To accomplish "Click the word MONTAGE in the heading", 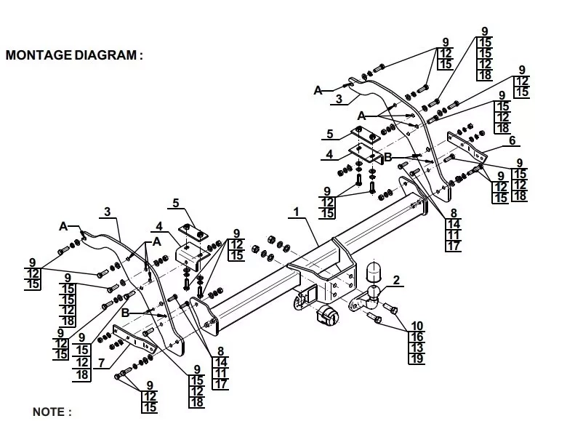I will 38,55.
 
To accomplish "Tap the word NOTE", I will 51,412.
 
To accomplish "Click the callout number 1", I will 296,212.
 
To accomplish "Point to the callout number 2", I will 396,279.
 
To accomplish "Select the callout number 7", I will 101,362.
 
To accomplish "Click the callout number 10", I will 417,325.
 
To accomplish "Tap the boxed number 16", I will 417,336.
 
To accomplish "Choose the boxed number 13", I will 417,347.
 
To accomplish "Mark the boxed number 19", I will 417,358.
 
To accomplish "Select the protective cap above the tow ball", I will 375,270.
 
